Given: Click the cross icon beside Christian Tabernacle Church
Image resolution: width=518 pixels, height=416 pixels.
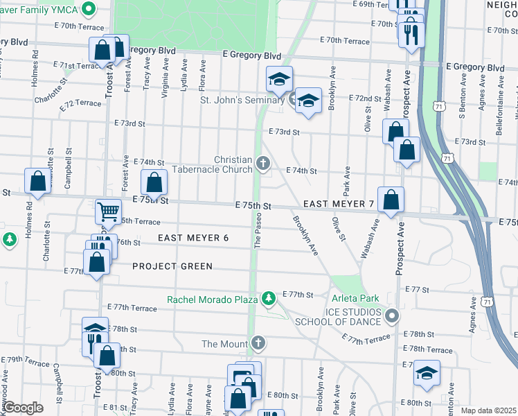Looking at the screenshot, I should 262,164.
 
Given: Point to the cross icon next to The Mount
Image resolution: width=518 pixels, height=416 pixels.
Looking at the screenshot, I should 258,343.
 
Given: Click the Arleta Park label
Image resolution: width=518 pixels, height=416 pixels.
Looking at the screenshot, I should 355,298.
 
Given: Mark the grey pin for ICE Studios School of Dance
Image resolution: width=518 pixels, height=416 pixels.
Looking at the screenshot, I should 392,316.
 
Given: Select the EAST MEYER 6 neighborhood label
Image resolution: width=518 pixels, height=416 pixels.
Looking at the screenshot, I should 193,238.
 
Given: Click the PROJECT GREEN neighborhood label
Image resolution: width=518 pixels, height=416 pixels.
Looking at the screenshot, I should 172,266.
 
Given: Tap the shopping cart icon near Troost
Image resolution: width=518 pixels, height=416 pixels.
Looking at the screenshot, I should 107,211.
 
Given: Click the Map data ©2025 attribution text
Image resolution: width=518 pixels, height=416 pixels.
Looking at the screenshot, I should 489,410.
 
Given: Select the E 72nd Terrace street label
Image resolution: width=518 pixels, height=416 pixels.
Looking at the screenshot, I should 80,103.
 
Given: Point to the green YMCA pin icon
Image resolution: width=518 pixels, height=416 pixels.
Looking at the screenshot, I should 89,9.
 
